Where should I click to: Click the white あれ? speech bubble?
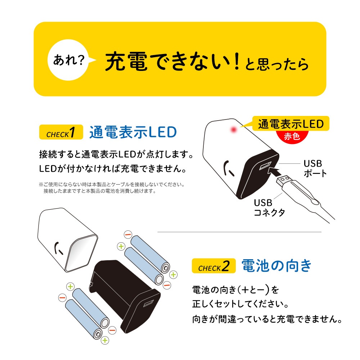(68, 60)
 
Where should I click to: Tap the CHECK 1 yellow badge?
(61, 132)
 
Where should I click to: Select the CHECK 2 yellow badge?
(214, 266)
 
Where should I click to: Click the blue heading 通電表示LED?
(133, 132)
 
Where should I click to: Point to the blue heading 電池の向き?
(276, 266)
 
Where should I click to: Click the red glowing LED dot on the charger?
(234, 130)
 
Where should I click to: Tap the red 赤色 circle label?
(292, 137)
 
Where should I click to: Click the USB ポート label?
(315, 168)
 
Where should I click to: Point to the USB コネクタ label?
(269, 208)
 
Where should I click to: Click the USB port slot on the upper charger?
(265, 166)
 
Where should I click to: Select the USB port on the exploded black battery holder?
(149, 303)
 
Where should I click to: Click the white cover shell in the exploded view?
(68, 240)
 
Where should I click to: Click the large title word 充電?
(126, 61)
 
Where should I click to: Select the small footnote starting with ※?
(112, 188)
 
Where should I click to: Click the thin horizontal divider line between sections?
(239, 232)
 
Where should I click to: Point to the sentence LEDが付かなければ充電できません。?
(112, 169)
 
